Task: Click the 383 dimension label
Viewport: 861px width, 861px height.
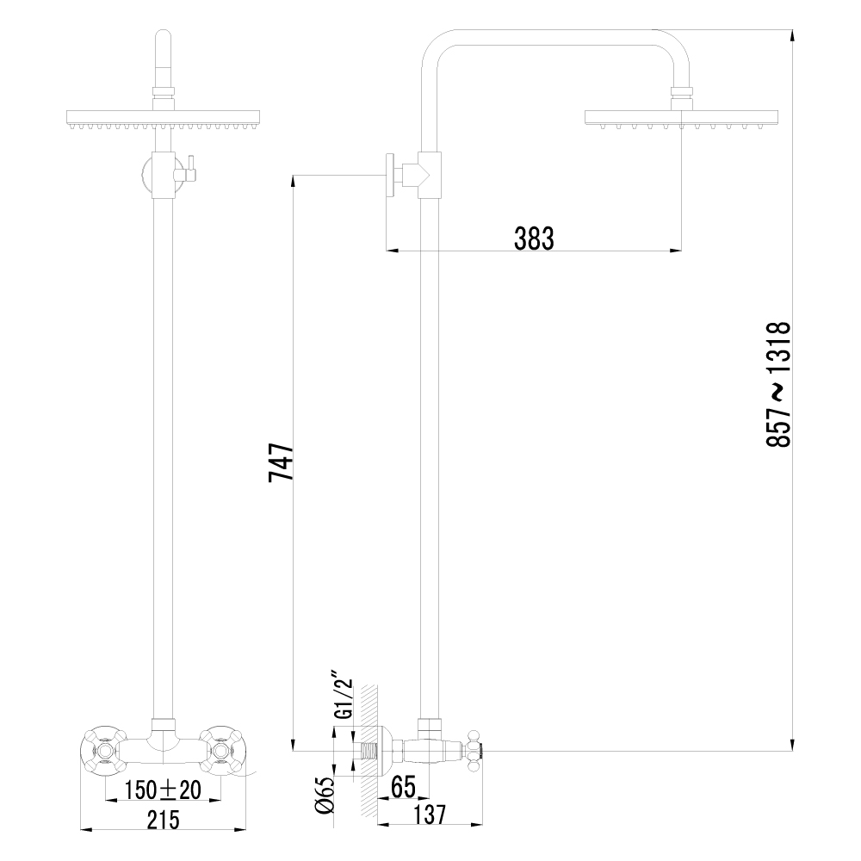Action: click(x=534, y=238)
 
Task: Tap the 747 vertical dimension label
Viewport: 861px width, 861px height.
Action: click(x=282, y=462)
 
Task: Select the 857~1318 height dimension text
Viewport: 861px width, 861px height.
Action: click(x=777, y=384)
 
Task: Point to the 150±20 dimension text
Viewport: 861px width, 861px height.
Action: click(x=161, y=790)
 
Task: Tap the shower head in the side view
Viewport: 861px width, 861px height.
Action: click(x=681, y=119)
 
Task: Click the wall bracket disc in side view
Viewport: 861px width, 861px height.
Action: click(x=390, y=176)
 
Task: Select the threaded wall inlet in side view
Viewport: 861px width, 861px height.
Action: click(x=370, y=749)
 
